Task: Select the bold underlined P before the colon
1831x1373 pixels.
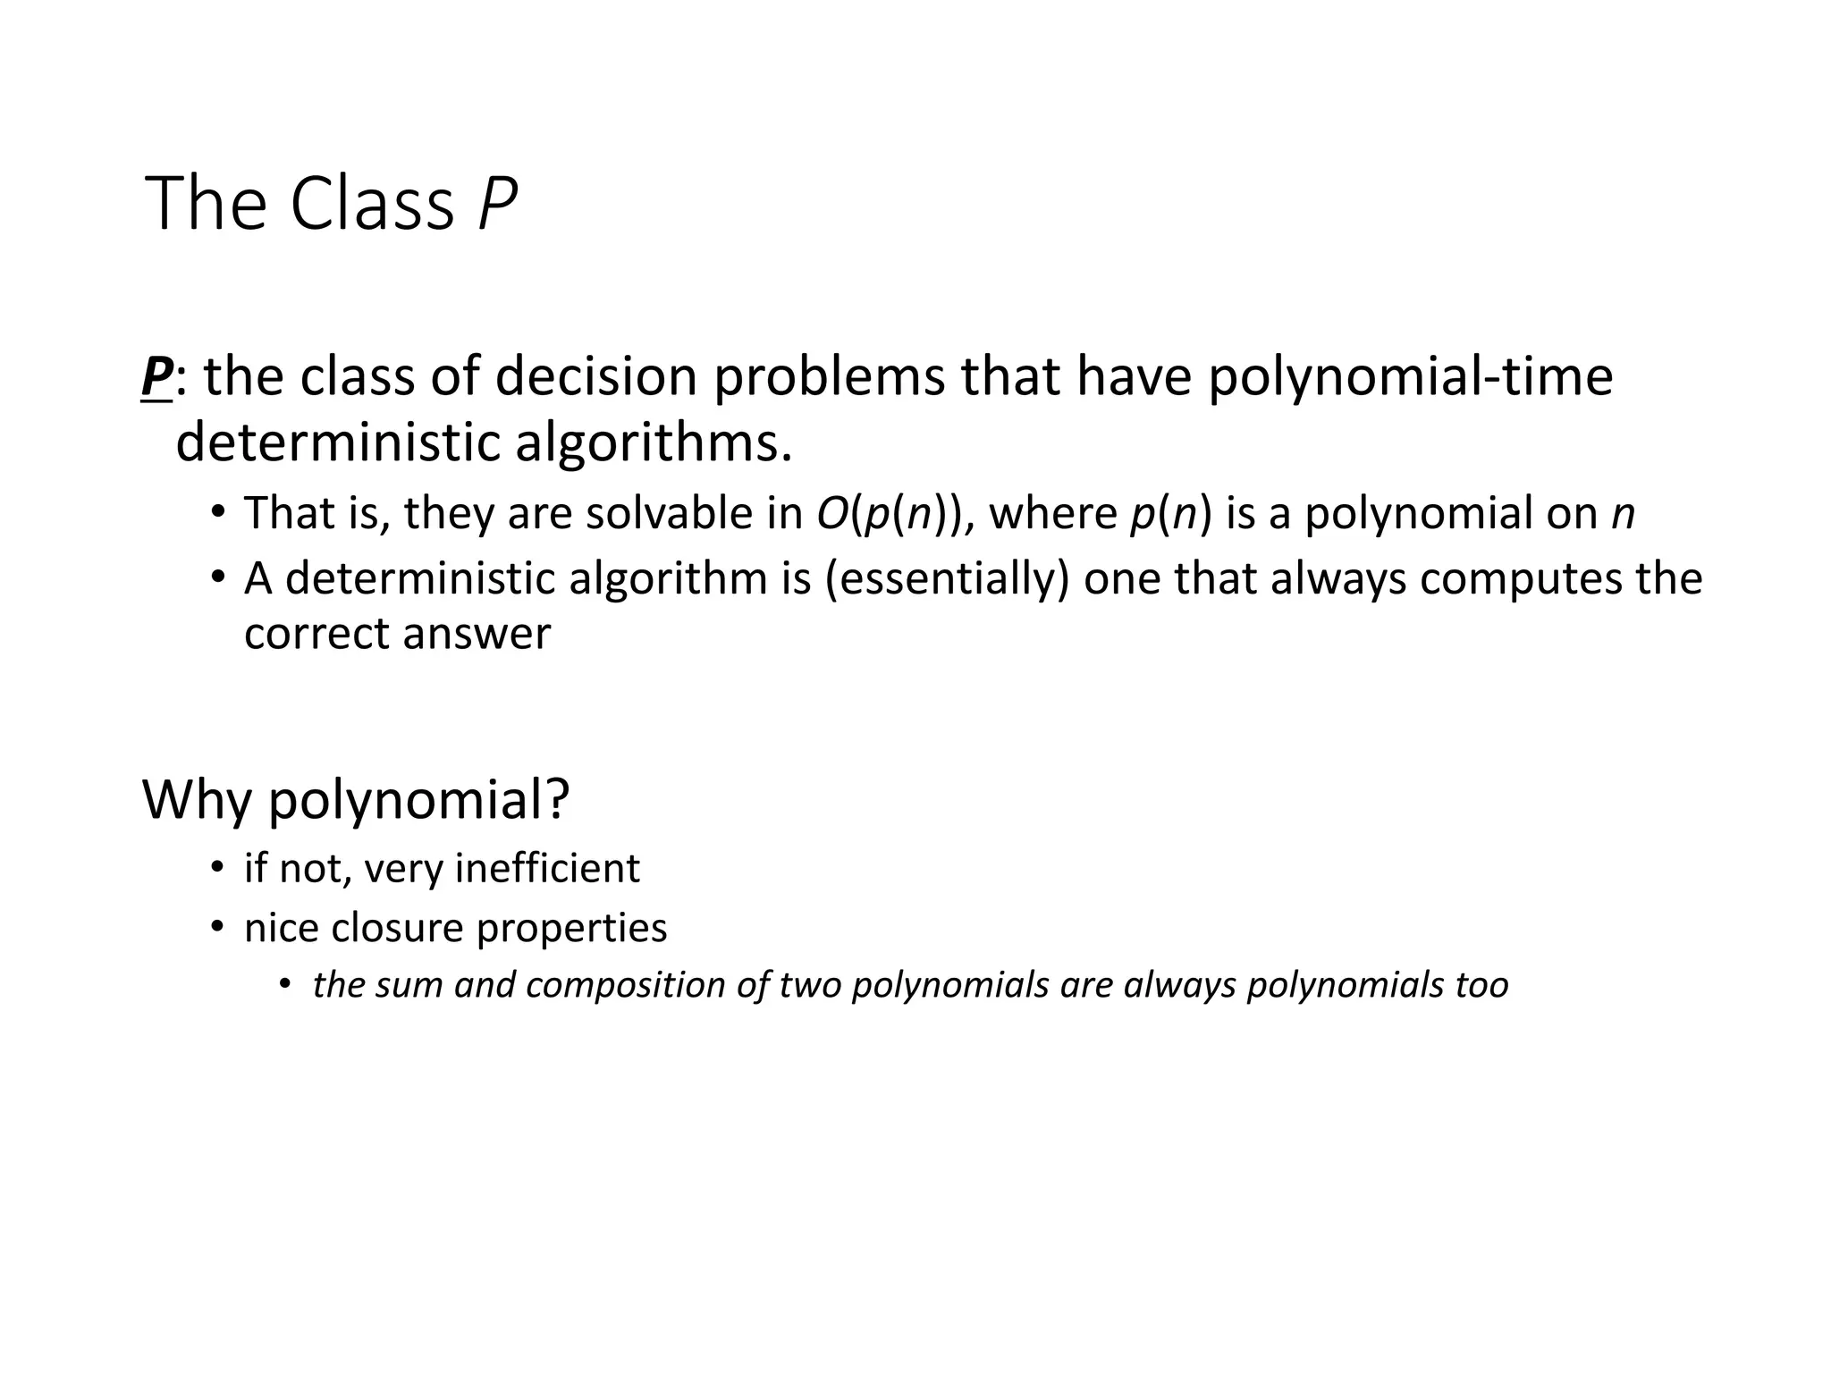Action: pos(156,376)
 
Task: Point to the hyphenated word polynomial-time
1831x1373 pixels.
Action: pos(1410,376)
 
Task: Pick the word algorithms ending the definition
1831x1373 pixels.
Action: pos(654,442)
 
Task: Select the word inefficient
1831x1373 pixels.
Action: pos(547,868)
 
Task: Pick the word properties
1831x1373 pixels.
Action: pos(571,927)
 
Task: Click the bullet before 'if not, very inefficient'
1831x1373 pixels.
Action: pos(216,866)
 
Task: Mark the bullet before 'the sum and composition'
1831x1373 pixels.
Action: pos(284,984)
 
